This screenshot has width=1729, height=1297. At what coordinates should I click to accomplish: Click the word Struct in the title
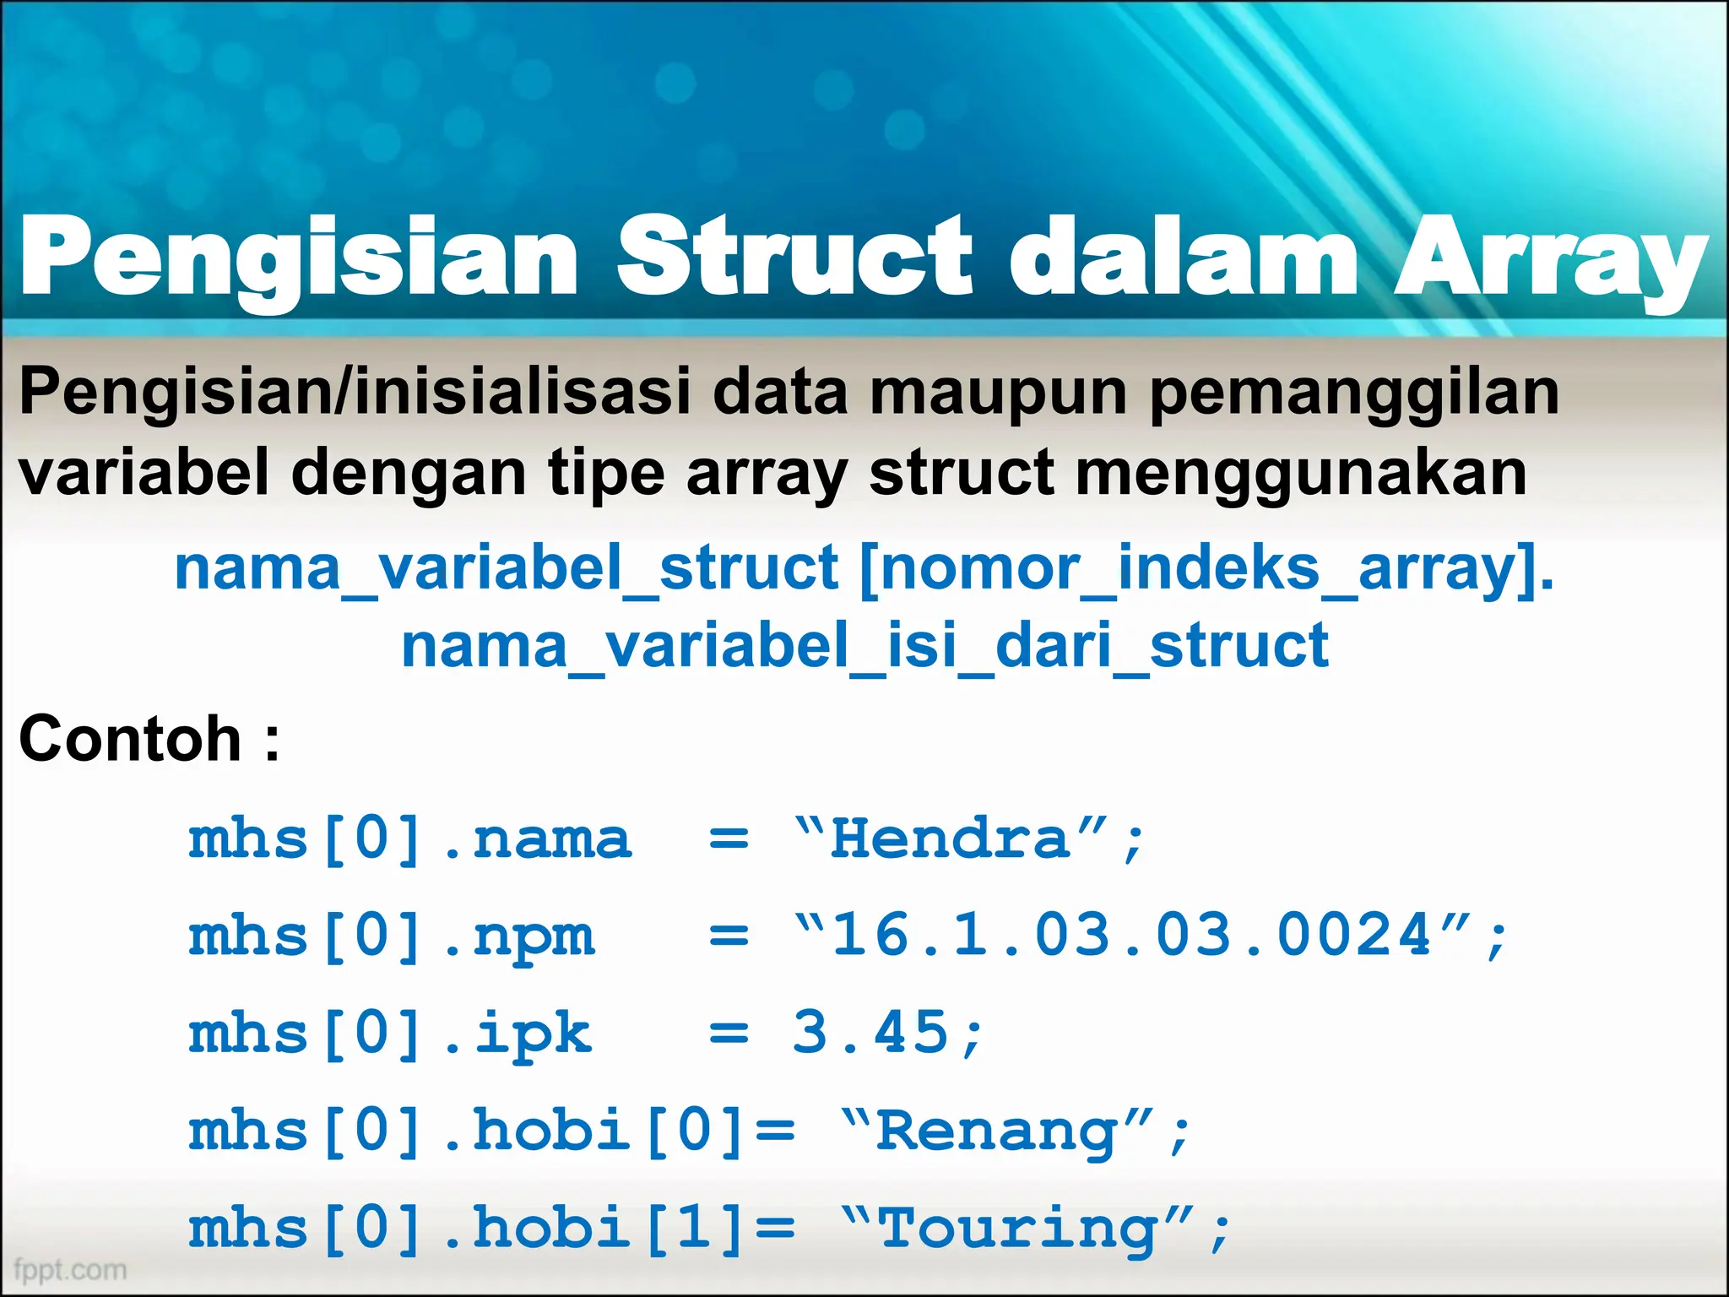[x=794, y=255]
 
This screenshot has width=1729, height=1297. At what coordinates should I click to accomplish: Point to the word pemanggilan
[x=1354, y=394]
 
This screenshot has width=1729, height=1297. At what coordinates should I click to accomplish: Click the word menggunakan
[x=1300, y=474]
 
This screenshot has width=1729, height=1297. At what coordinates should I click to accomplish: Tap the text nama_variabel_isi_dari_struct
[x=864, y=647]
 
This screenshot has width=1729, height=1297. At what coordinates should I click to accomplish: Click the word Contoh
[x=131, y=739]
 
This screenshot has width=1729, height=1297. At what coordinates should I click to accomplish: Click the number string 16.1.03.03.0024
[x=1131, y=936]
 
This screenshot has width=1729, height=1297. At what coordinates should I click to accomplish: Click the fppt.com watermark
[x=70, y=1269]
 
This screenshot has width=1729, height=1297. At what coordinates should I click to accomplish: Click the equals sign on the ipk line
[x=729, y=1034]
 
